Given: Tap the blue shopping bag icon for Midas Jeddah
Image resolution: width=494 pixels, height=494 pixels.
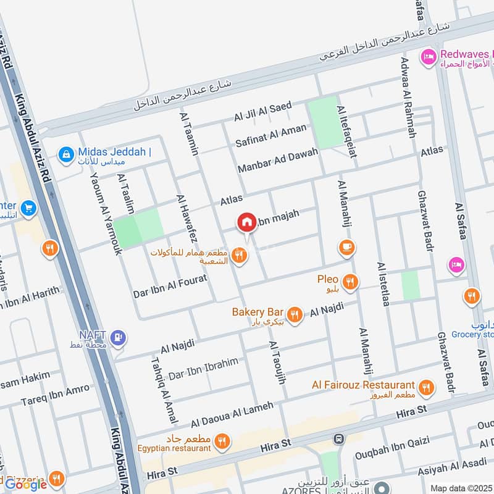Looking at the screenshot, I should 65,154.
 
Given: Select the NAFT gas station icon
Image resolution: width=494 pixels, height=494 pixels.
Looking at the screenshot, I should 120,337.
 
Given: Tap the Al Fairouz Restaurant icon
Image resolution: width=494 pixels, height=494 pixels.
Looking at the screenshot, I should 425,388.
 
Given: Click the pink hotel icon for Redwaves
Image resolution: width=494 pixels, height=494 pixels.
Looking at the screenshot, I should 427,57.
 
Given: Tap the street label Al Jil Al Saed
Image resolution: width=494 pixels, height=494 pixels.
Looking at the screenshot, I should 262,112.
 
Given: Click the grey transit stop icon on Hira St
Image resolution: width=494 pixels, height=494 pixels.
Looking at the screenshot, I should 338,439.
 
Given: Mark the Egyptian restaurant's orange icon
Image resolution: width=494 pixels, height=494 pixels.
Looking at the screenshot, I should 223,441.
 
